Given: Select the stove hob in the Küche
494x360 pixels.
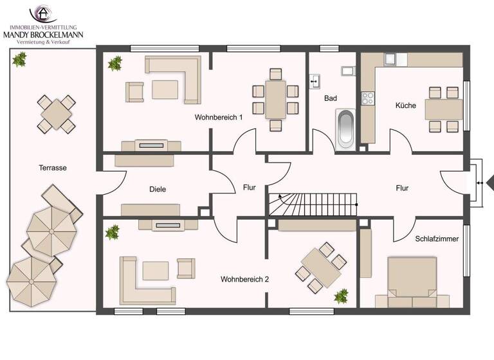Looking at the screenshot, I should click(x=368, y=98).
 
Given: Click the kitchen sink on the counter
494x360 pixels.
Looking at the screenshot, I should click(x=390, y=60).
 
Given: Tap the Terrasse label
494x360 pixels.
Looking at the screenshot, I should click(x=53, y=168).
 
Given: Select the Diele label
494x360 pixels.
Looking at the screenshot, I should click(x=158, y=189).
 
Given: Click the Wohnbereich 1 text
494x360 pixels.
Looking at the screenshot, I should click(x=219, y=118).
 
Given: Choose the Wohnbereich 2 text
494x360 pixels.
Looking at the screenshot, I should click(x=244, y=280).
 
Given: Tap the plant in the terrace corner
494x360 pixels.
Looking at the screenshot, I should click(x=19, y=60).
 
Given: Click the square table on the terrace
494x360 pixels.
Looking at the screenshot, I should click(x=57, y=114).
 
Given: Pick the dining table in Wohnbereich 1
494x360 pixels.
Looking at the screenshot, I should click(x=276, y=99).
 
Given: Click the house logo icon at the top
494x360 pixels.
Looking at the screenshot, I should click(x=43, y=14).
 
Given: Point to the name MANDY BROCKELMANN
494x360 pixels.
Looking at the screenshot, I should click(x=44, y=34).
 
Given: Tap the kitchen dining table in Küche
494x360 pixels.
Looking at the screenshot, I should click(x=443, y=109).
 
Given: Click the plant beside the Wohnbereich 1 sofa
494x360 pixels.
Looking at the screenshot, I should click(x=115, y=63).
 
